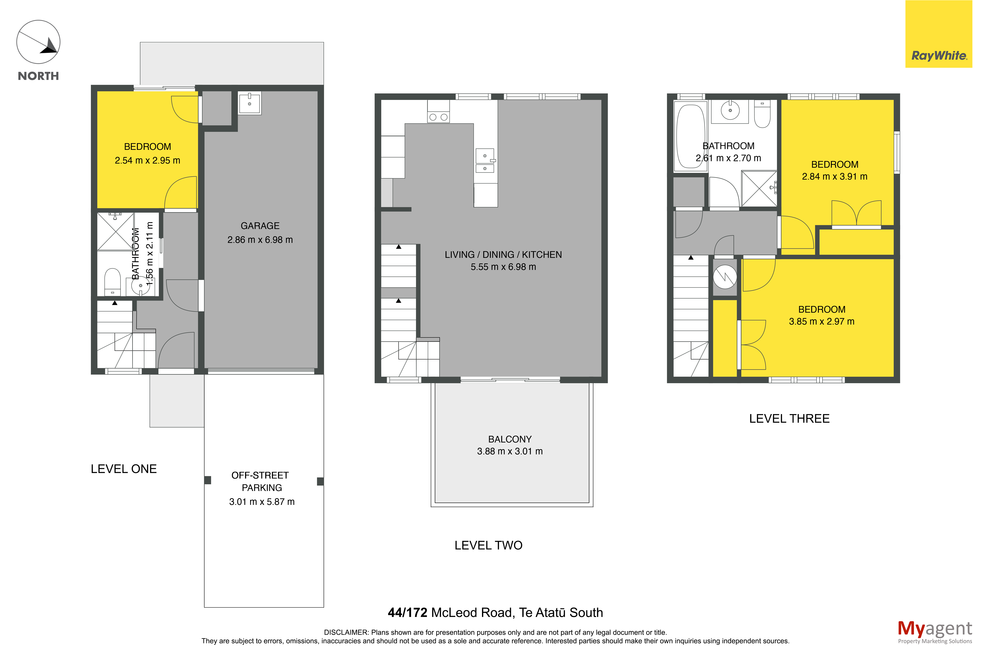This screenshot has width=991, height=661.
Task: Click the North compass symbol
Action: (x=38, y=42)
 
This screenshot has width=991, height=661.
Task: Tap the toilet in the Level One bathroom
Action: (x=112, y=282)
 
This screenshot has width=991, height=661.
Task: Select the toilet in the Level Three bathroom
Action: (x=762, y=114)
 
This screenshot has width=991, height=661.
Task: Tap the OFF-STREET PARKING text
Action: (x=261, y=481)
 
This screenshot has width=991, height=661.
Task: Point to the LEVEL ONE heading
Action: (x=124, y=469)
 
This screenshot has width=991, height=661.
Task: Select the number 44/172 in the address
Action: (x=407, y=612)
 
